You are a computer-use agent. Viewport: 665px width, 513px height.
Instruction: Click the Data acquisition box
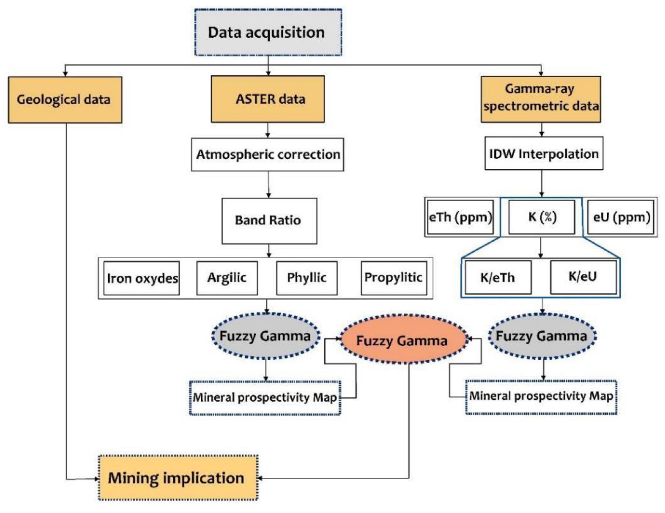click(x=268, y=32)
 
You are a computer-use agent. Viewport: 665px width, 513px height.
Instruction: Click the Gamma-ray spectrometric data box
click(x=541, y=99)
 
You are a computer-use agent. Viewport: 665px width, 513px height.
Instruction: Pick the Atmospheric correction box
click(x=267, y=154)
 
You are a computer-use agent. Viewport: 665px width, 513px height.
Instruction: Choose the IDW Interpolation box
click(x=544, y=153)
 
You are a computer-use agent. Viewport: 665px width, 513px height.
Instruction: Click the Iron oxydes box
click(x=142, y=278)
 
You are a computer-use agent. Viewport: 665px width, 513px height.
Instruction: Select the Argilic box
click(x=227, y=278)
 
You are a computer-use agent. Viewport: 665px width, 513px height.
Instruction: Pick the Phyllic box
click(x=307, y=278)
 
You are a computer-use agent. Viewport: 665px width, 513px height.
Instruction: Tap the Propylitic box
click(x=394, y=278)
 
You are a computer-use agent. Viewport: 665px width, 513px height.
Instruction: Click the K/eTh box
click(x=498, y=277)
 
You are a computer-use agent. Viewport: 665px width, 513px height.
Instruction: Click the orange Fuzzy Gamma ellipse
click(x=402, y=340)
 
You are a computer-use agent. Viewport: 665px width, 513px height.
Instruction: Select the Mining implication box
click(x=178, y=478)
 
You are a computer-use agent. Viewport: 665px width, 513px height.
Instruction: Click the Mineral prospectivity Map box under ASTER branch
click(x=265, y=398)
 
